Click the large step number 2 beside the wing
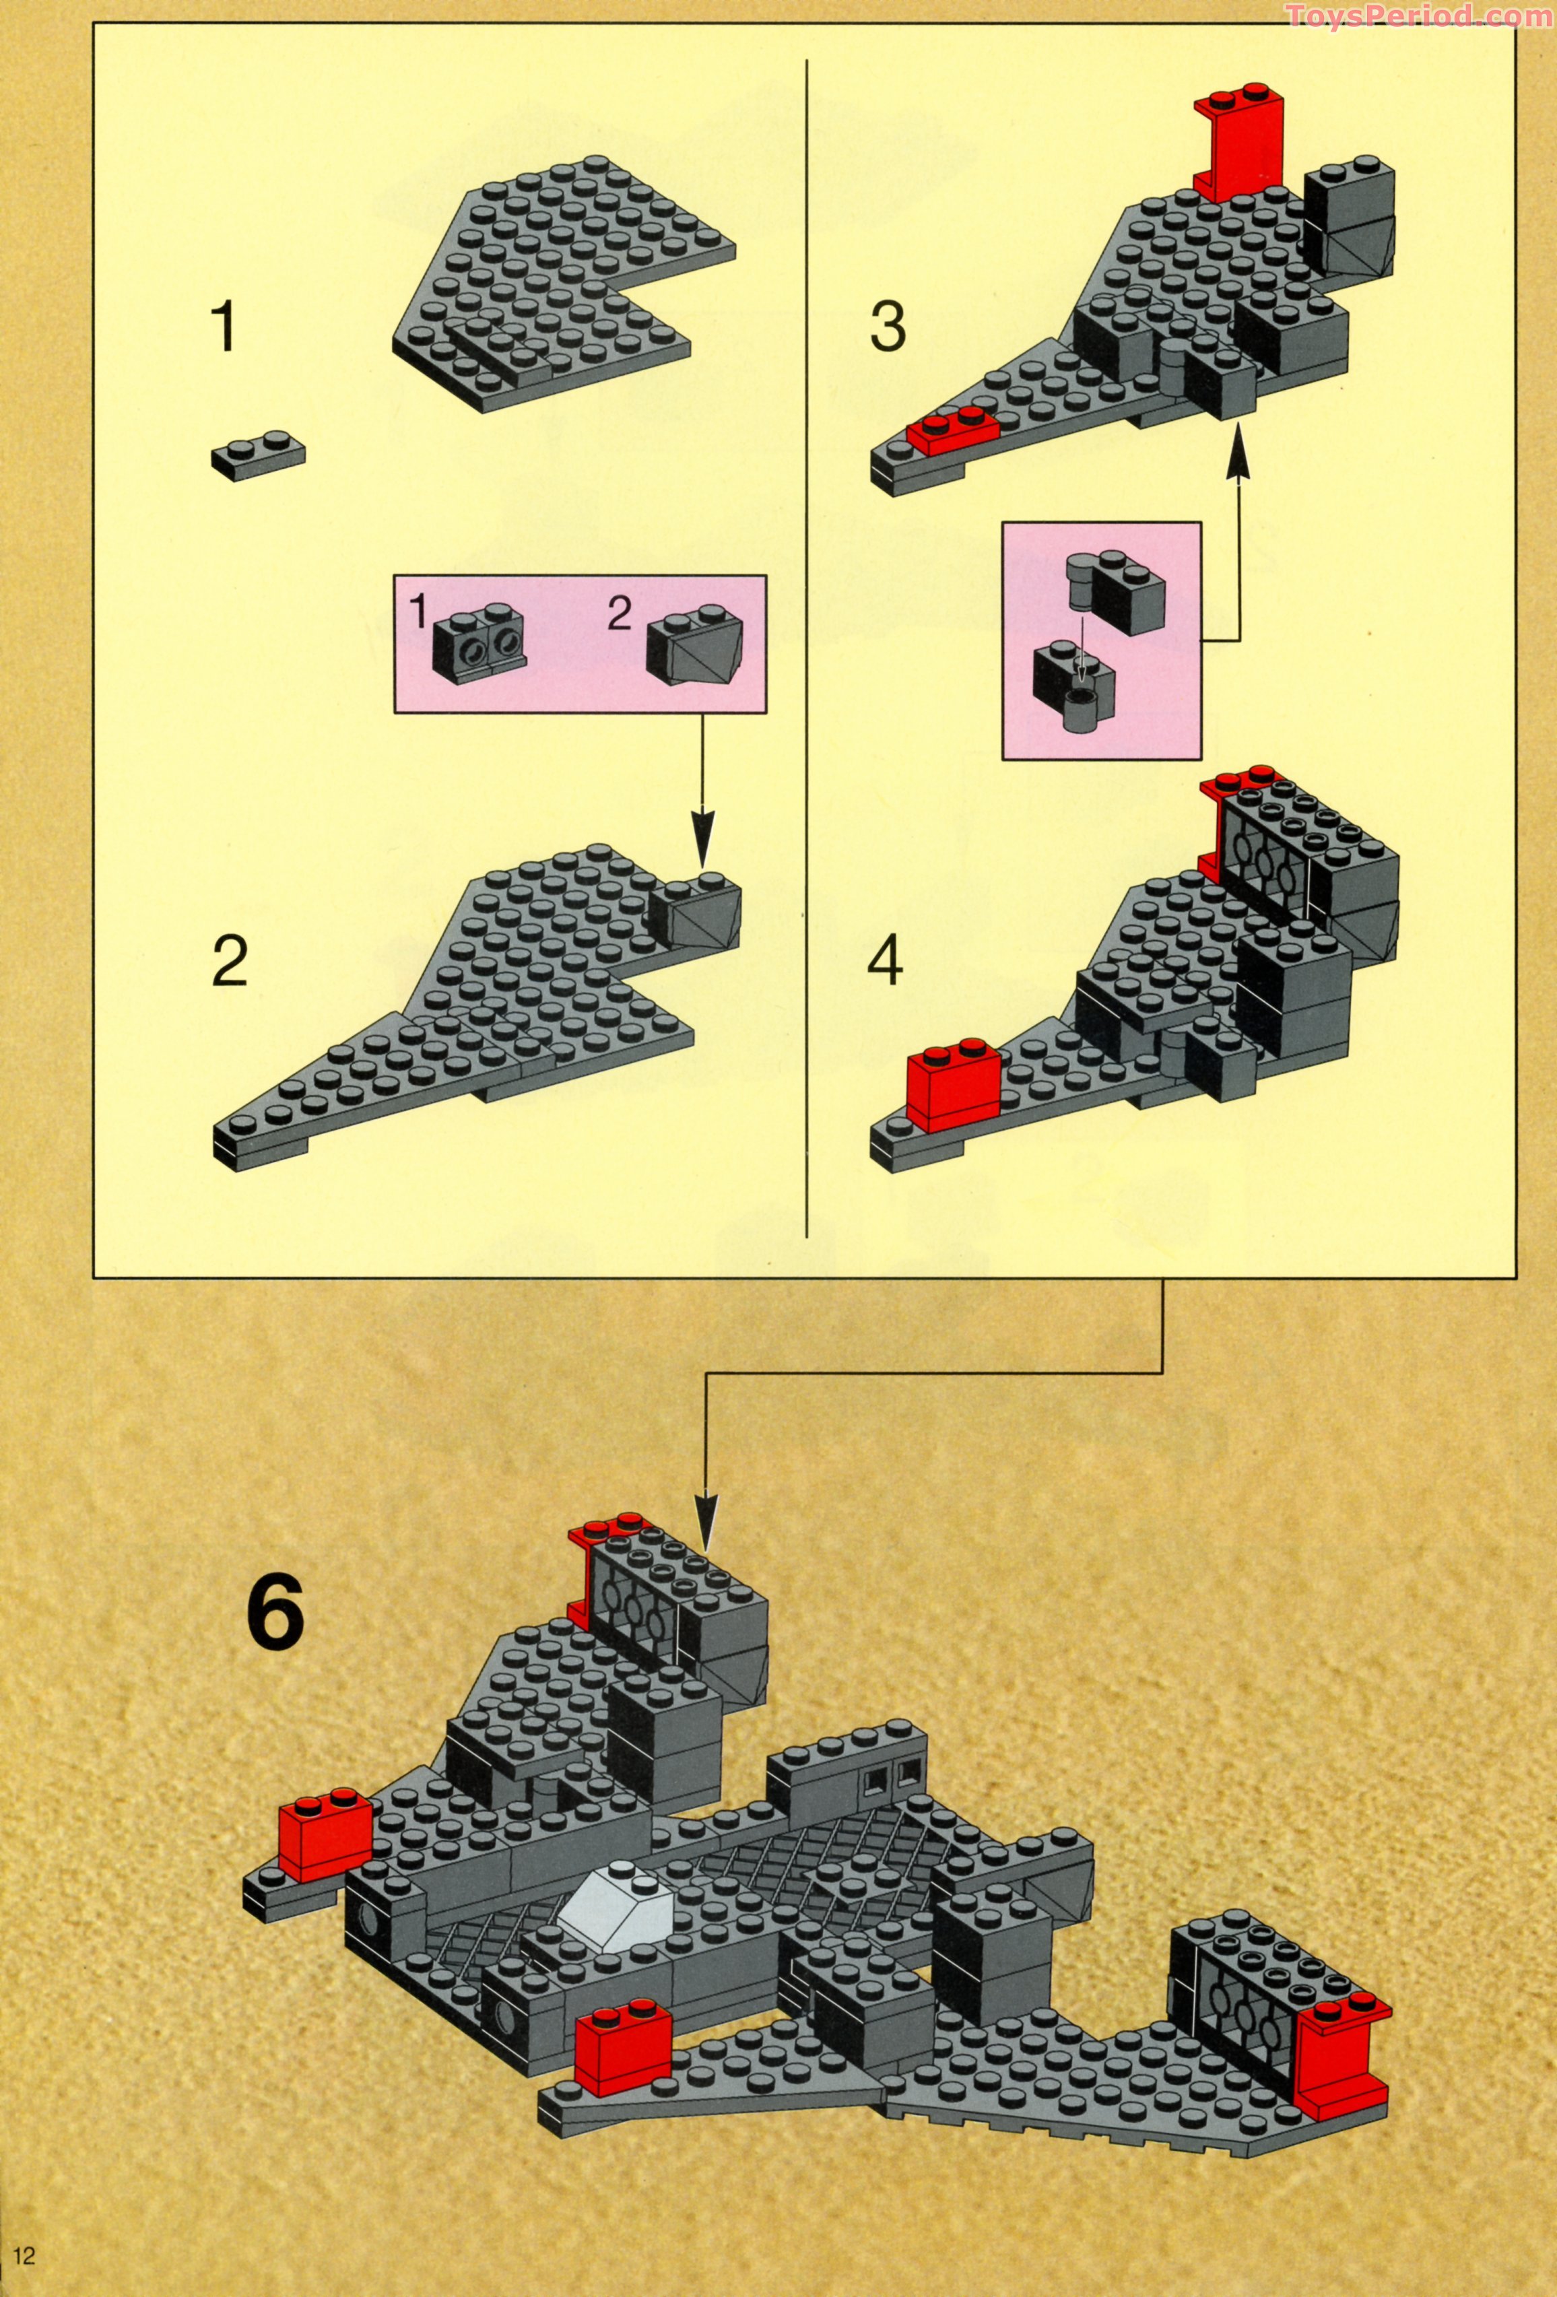click(230, 961)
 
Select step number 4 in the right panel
click(885, 961)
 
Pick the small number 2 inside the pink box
click(619, 615)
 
